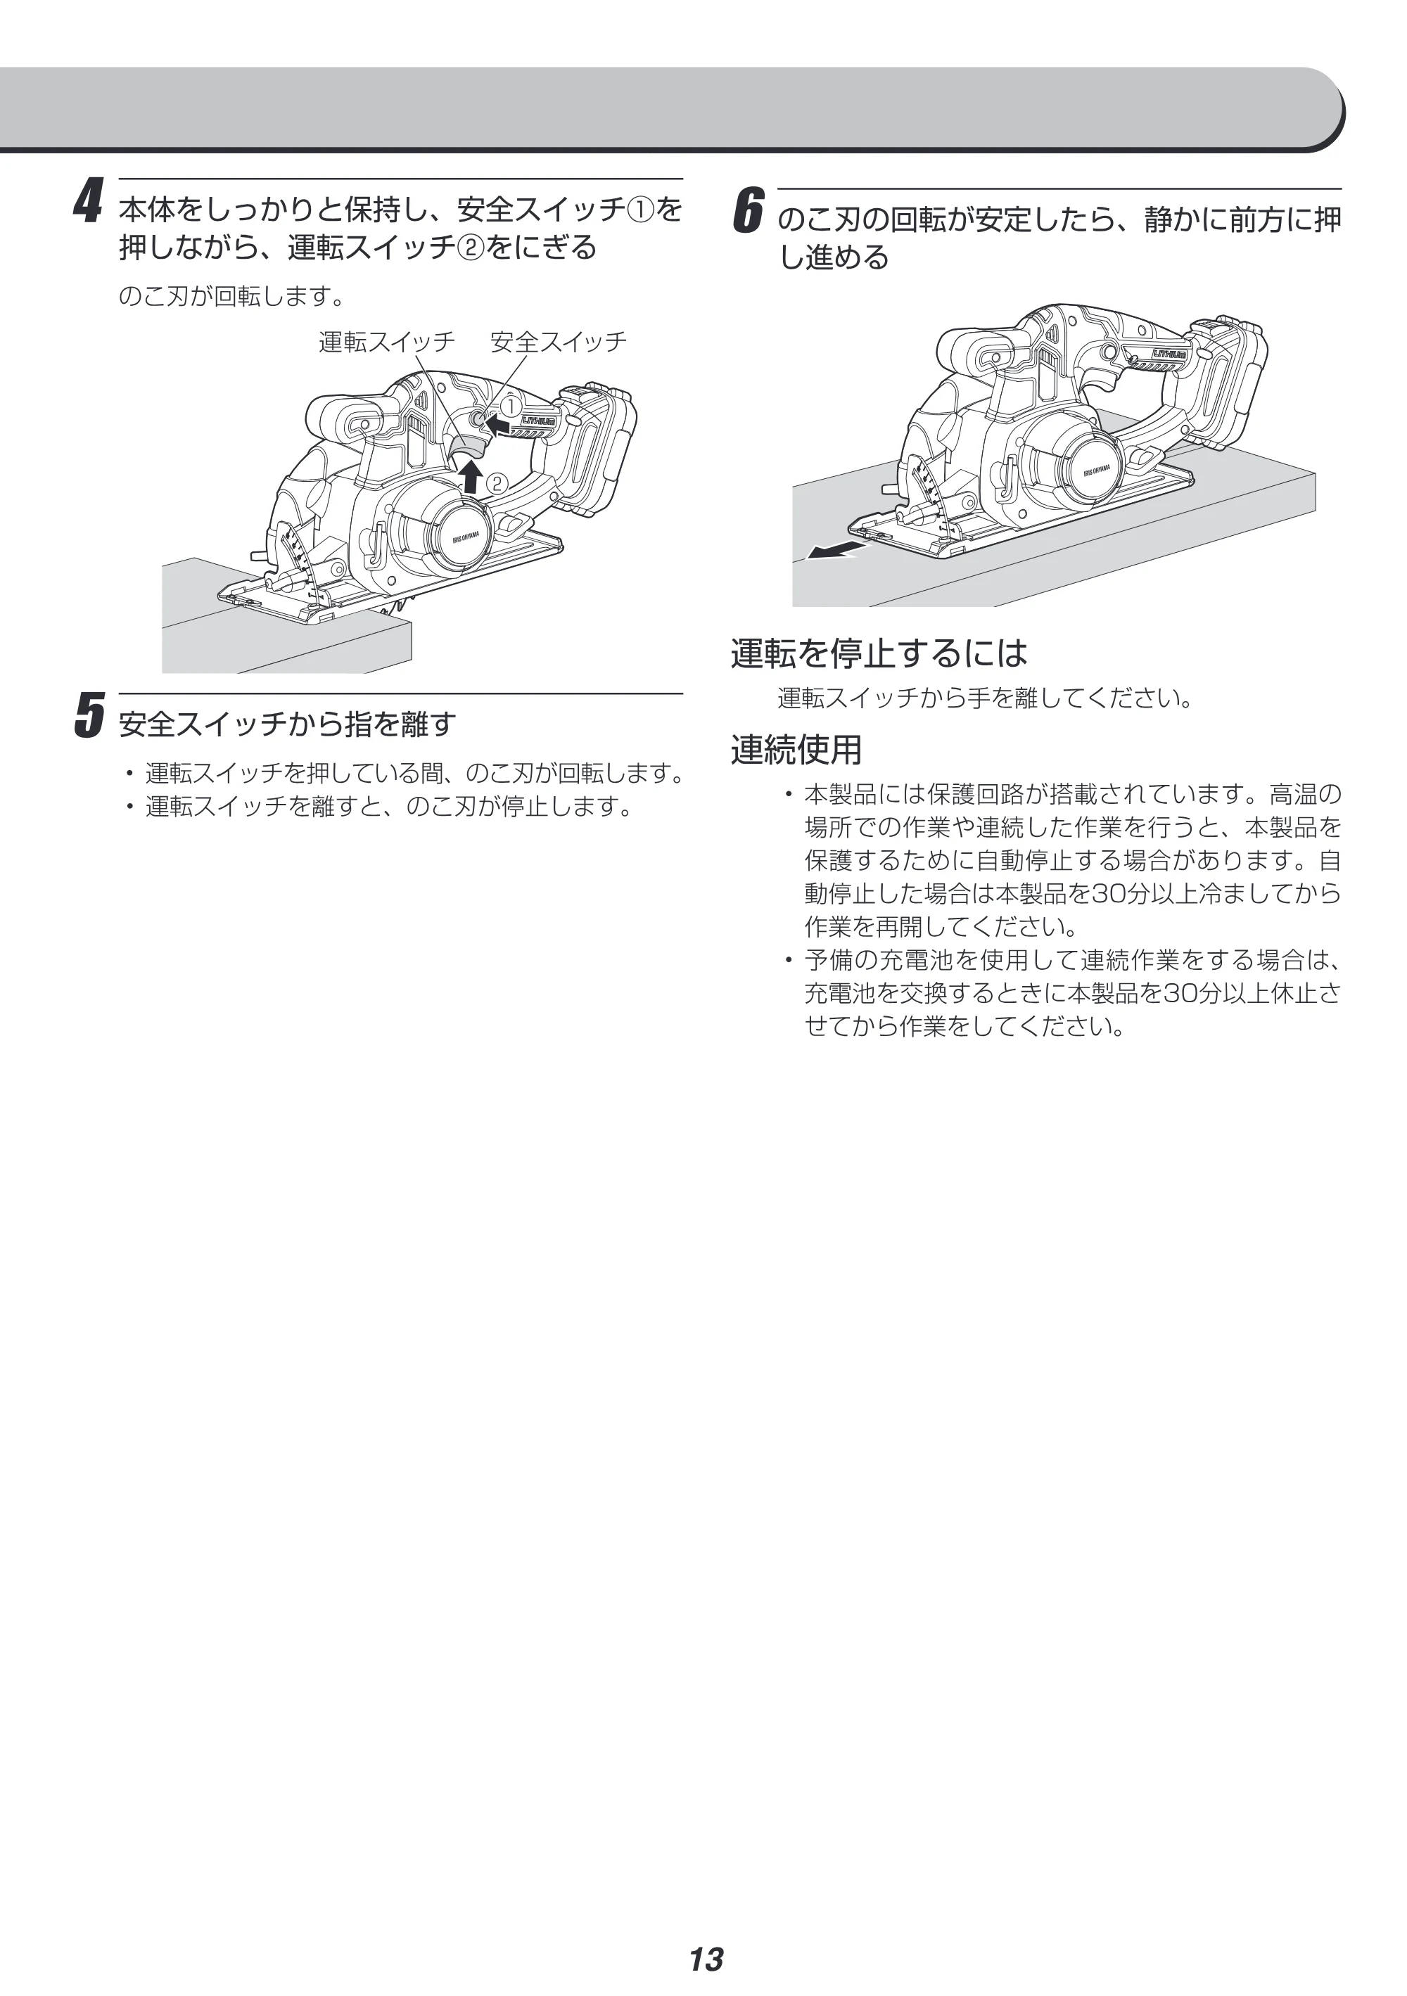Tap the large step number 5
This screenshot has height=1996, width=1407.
pos(89,715)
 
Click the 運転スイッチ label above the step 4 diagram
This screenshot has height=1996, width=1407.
pos(387,342)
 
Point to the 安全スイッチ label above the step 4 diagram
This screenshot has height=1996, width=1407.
pos(559,342)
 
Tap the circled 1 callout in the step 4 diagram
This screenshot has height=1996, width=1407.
pos(511,405)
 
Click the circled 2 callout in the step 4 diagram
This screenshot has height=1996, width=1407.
pos(497,483)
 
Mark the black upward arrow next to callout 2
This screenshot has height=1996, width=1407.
pos(471,476)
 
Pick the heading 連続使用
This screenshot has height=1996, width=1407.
pos(796,749)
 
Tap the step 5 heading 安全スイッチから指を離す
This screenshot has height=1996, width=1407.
pos(287,723)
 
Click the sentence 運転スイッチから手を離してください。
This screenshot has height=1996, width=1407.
pos(985,698)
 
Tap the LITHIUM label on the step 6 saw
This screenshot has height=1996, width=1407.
pos(1170,354)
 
